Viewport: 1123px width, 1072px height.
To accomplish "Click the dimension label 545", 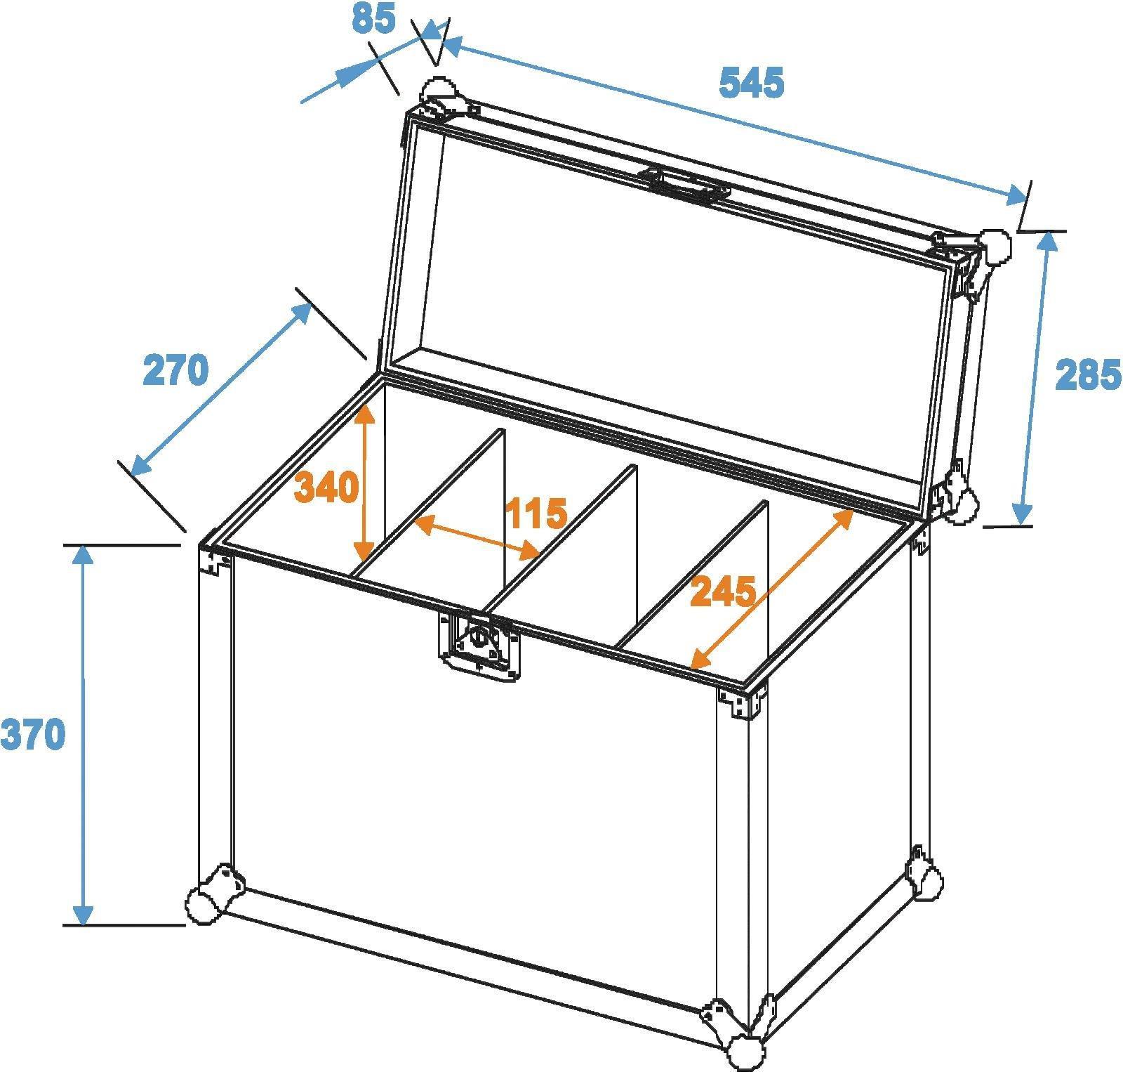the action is tap(752, 84).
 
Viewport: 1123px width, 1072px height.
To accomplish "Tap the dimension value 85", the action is tap(373, 18).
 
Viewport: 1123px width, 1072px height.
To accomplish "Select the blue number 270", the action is tap(175, 370).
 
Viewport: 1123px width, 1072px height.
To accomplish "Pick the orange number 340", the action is tap(326, 486).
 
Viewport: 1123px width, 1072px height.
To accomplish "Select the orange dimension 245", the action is tap(724, 591).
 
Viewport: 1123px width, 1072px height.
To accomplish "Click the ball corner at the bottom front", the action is tap(744, 1051).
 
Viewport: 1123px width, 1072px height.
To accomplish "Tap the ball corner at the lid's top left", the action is tap(439, 91).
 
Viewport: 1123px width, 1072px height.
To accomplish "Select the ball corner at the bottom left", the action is tap(204, 902).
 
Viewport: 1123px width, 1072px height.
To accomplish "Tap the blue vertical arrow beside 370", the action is tap(84, 735).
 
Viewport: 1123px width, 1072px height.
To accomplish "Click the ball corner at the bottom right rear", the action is tap(926, 881).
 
